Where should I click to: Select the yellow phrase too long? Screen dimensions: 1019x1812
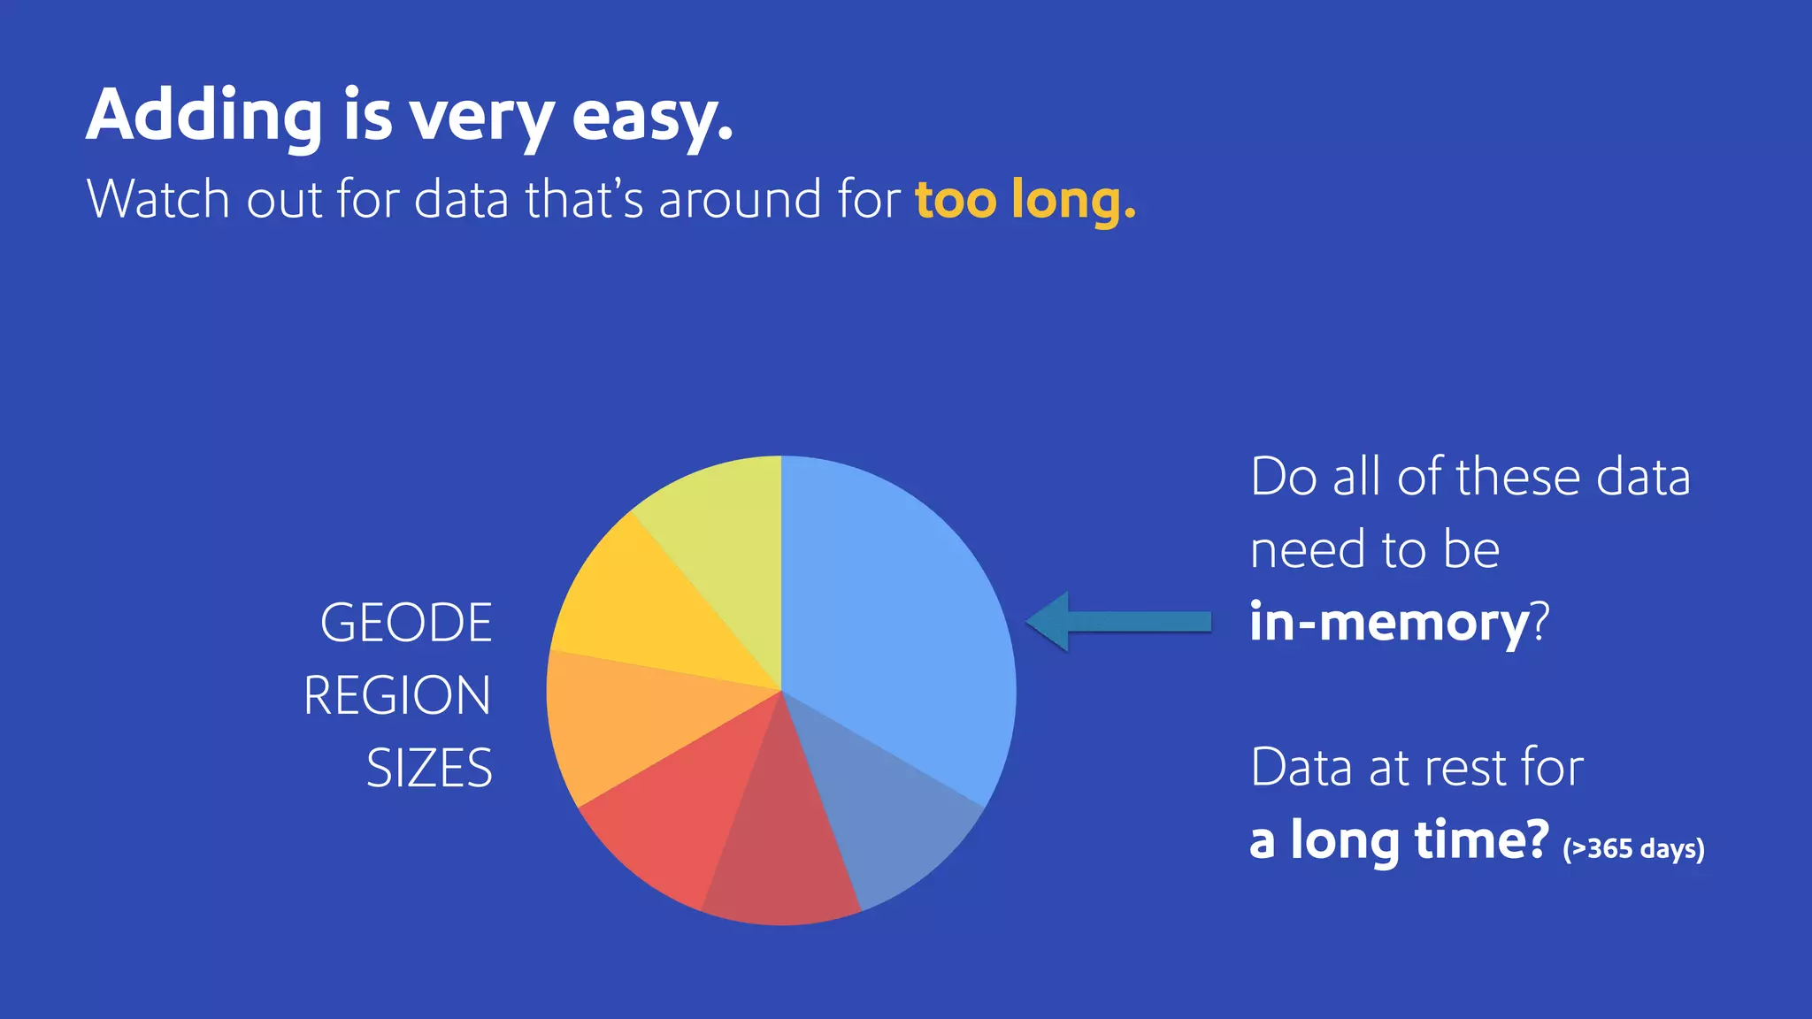1025,199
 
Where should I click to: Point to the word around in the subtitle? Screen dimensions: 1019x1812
741,199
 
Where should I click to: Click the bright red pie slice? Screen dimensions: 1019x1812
681,814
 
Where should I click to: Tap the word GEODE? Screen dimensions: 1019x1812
406,623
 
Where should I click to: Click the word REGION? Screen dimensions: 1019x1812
397,695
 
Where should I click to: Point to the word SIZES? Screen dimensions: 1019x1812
429,768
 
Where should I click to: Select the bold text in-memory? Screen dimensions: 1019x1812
1389,622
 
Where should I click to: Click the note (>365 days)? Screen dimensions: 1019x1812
1632,848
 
